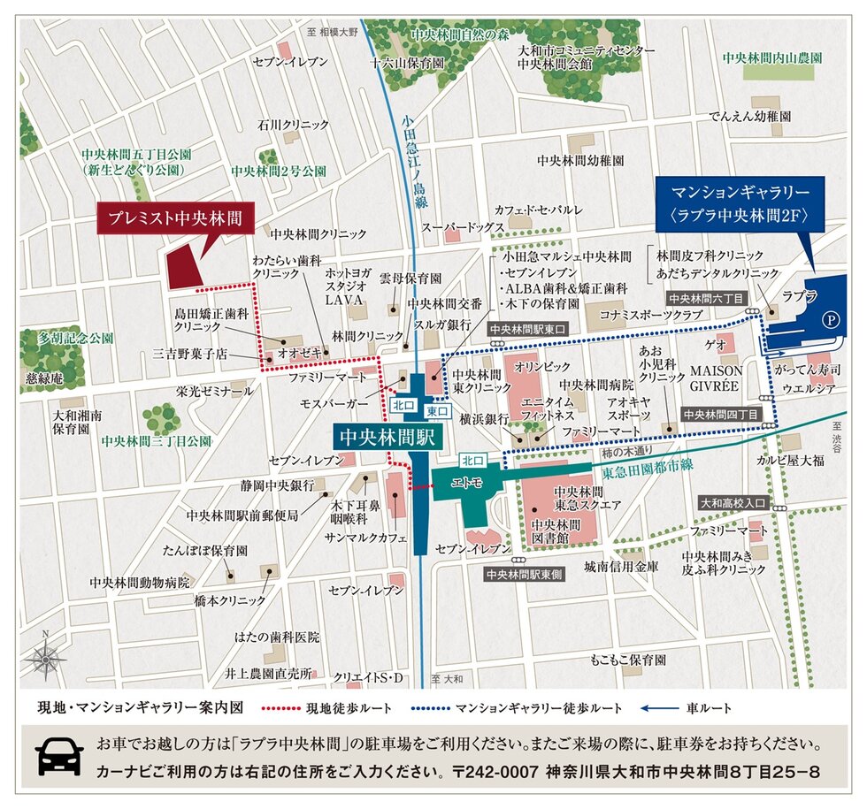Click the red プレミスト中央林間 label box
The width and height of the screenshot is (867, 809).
[x=174, y=217]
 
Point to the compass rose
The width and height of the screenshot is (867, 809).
[x=45, y=659]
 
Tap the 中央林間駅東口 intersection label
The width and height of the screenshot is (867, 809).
[x=527, y=329]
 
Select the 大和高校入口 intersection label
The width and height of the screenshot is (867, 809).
[x=733, y=503]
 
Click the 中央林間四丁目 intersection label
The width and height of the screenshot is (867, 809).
[x=720, y=414]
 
